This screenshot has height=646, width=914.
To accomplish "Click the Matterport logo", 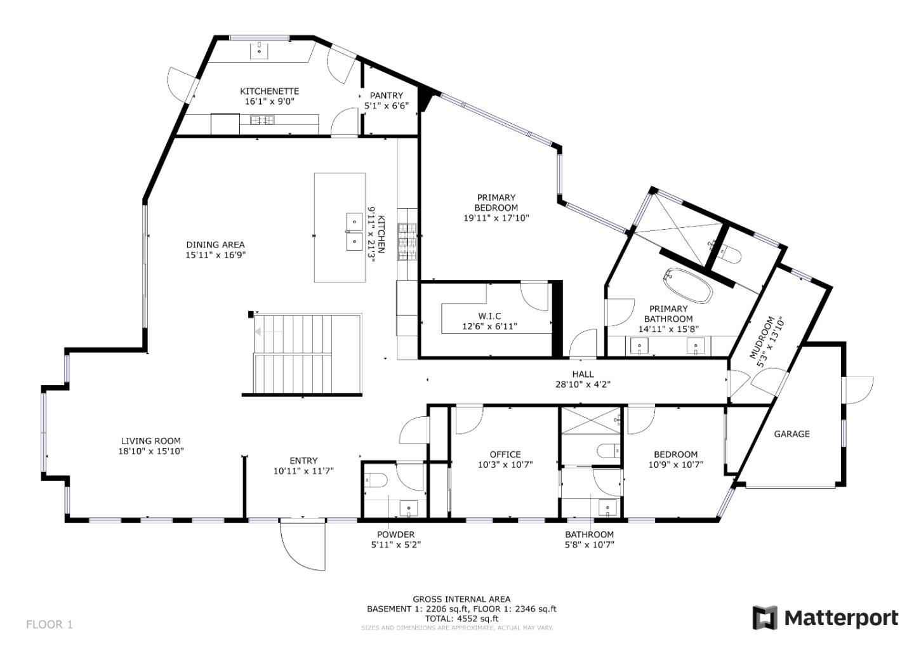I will [x=825, y=617].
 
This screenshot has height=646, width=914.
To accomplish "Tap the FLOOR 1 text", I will [x=50, y=624].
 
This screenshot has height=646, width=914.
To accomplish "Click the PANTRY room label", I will [x=386, y=95].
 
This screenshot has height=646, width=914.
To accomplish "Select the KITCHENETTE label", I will [x=269, y=91].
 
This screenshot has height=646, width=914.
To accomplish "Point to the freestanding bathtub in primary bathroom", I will [x=688, y=286].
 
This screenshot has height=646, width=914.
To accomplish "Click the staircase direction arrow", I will [x=260, y=331].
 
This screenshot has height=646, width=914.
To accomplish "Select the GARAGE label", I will [x=791, y=434].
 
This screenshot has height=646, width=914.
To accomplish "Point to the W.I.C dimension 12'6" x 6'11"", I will [x=489, y=326].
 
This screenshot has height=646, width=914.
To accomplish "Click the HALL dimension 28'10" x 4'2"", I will [x=583, y=384].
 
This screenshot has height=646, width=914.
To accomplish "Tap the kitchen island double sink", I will [x=354, y=232].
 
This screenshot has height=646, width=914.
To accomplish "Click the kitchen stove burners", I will [x=407, y=242].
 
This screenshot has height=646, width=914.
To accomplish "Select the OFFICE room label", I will [x=505, y=454].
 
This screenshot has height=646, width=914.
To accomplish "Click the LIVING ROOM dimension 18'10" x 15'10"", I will [x=150, y=451].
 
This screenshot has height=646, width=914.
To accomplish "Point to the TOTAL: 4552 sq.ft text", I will [x=461, y=618].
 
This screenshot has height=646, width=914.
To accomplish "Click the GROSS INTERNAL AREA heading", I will [x=461, y=599].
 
